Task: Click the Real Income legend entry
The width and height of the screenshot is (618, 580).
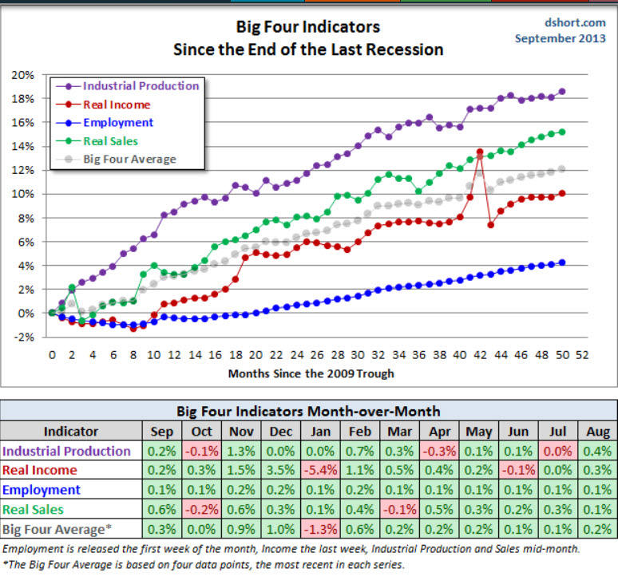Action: [115, 105]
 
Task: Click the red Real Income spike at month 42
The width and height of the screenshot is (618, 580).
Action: [480, 152]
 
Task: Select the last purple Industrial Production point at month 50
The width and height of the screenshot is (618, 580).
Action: [561, 92]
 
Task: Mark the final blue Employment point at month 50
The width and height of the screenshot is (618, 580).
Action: [561, 262]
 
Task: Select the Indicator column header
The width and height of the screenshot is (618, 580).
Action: [71, 432]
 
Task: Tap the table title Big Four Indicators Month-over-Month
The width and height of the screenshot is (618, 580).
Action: [307, 412]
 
